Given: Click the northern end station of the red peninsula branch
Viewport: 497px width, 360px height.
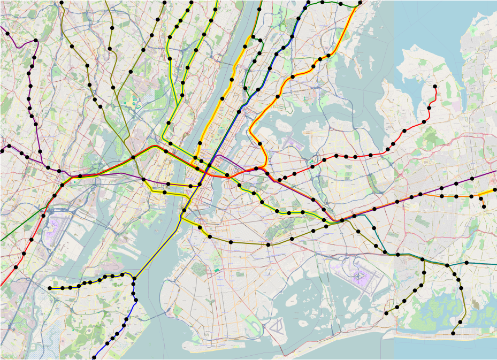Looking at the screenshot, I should (x=435, y=86).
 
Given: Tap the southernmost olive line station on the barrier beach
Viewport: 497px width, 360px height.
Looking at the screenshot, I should (x=454, y=333).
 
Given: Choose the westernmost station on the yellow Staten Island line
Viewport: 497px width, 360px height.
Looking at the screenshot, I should (x=50, y=288).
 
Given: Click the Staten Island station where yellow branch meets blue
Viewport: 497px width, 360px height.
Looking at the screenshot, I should (x=133, y=279).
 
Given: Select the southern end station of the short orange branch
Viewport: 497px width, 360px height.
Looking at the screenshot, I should (x=484, y=206).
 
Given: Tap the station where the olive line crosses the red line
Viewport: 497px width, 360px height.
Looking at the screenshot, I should (x=133, y=157).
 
